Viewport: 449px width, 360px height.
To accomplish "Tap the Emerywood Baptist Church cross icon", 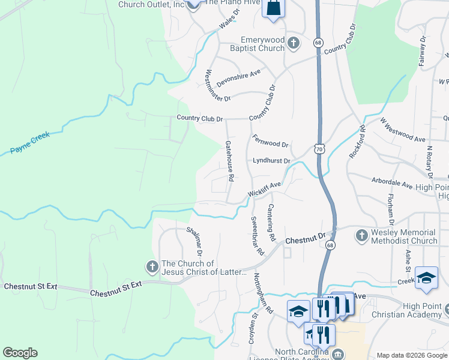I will click(x=293, y=43).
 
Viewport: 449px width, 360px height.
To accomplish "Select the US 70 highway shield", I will click(x=318, y=148).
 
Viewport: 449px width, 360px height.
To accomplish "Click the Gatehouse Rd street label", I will click(x=229, y=161).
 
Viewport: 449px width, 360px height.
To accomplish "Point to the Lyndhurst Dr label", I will click(x=271, y=161).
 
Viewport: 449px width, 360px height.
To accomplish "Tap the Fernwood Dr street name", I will click(x=270, y=140).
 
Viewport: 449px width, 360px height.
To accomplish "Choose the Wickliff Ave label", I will click(x=265, y=189).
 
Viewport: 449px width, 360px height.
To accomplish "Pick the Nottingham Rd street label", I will click(x=262, y=293).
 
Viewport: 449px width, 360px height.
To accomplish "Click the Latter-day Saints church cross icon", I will click(x=152, y=266).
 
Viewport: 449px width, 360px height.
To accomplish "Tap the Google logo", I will click(x=20, y=353).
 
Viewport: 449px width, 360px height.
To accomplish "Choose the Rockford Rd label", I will click(x=355, y=142).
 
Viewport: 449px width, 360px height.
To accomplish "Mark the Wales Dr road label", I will click(x=229, y=19).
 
